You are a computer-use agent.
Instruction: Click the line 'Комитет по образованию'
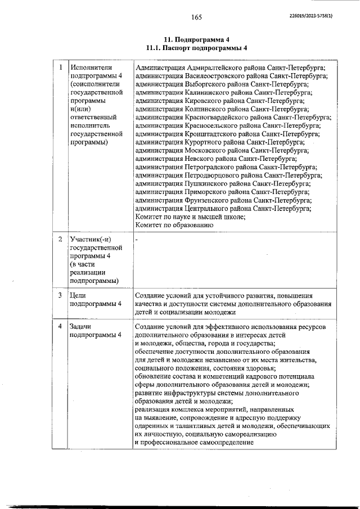[x=174, y=225]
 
